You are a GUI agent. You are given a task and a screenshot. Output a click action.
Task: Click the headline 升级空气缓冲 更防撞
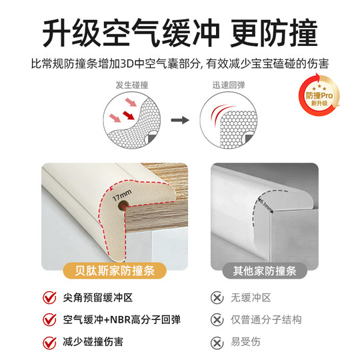pyautogui.click(x=180, y=29)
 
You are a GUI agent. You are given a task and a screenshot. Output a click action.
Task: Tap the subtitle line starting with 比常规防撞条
pyautogui.click(x=180, y=65)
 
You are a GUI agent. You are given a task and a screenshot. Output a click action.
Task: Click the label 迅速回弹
pyautogui.click(x=228, y=86)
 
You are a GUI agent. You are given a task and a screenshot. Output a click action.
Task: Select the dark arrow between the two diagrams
pyautogui.click(x=179, y=121)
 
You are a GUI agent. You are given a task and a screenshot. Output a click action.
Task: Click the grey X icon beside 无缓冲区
pyautogui.click(x=217, y=297)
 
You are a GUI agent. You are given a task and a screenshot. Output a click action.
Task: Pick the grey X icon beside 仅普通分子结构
pyautogui.click(x=217, y=319)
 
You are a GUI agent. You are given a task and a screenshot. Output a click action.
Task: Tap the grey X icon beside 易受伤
pyautogui.click(x=217, y=343)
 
